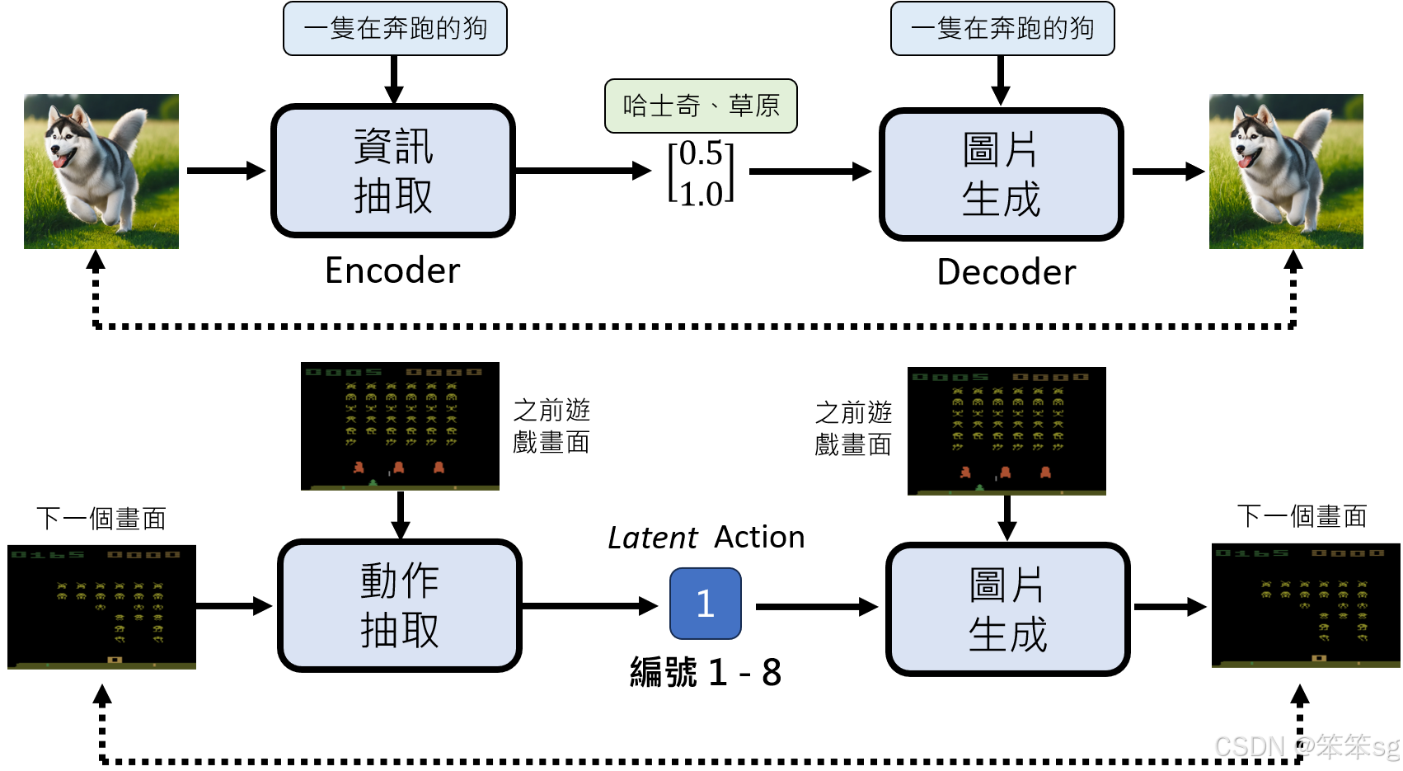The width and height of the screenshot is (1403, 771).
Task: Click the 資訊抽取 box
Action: (393, 171)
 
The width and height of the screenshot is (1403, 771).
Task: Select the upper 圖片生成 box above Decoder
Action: (1001, 174)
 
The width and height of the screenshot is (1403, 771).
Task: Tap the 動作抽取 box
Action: (400, 605)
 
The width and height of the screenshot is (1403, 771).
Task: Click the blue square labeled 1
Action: (705, 604)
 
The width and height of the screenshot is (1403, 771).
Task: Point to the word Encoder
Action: (392, 270)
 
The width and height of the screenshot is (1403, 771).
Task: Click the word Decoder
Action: (1006, 272)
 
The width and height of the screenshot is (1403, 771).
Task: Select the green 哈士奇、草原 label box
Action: (701, 106)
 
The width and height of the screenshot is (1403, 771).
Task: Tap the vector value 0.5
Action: (701, 153)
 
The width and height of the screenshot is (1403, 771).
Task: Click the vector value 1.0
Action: (701, 194)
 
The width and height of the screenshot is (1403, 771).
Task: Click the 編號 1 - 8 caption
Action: (705, 672)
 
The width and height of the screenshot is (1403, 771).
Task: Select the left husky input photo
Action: (101, 172)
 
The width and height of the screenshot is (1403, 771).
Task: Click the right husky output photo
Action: (1286, 172)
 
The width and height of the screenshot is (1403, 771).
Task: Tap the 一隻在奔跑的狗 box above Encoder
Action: (395, 29)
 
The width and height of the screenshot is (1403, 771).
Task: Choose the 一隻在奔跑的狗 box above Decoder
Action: (1002, 29)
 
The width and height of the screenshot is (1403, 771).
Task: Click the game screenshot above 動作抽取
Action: (400, 425)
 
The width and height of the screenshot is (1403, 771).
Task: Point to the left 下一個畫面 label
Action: (101, 519)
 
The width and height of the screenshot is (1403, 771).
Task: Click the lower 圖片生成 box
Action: (1007, 609)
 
